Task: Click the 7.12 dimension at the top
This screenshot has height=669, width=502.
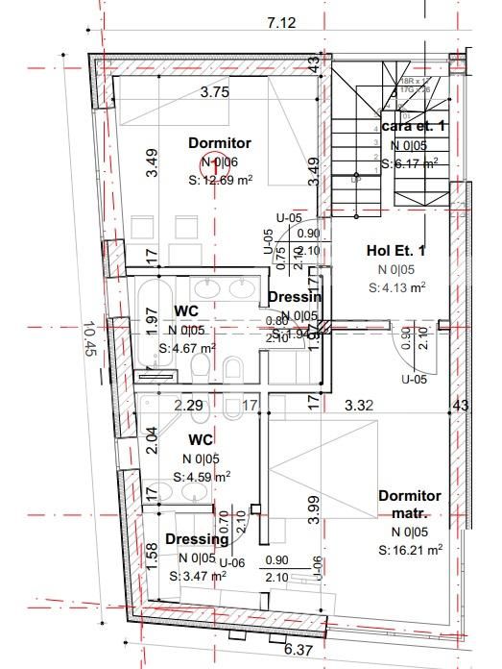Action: pos(281,22)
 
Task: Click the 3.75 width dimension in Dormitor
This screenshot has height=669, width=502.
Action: pos(214,93)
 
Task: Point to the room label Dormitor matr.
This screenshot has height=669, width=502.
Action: pos(410,504)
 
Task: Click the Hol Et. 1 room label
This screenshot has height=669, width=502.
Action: pos(396,251)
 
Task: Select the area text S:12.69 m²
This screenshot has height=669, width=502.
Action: pos(220,180)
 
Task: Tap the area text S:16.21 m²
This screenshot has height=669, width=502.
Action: pos(410,550)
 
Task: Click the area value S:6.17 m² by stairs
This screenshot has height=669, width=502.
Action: pos(409,163)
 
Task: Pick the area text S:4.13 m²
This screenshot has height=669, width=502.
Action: pos(396,286)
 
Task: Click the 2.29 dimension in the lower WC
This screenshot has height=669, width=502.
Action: pos(187,407)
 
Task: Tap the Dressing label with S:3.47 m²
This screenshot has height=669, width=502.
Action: pos(197,539)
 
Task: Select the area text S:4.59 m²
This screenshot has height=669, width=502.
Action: pos(202,476)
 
